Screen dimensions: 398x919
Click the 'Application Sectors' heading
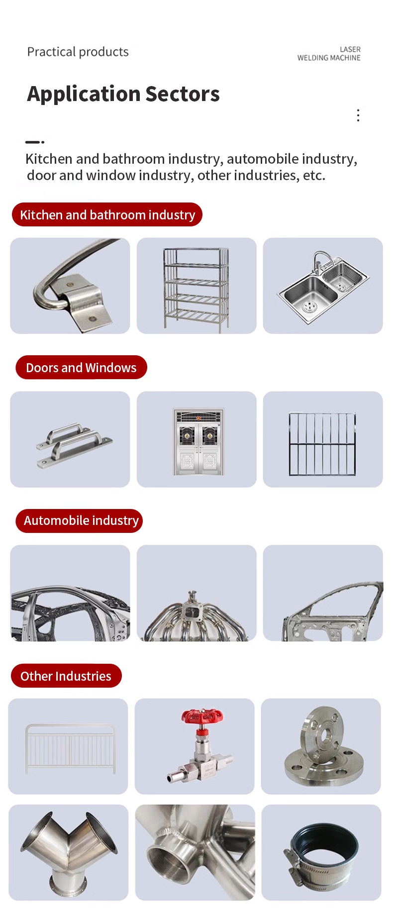(x=123, y=94)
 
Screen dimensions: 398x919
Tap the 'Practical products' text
(x=78, y=52)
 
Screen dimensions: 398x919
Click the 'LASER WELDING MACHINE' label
(x=329, y=54)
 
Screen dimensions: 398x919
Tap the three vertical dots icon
(x=358, y=115)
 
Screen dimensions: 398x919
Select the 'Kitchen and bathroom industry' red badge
(x=107, y=214)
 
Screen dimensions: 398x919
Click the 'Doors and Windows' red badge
(x=81, y=367)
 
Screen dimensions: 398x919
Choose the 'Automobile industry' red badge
(x=79, y=520)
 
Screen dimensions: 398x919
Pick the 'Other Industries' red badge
(x=66, y=676)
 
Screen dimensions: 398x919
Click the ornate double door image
(x=199, y=442)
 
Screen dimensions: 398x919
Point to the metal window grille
(x=322, y=444)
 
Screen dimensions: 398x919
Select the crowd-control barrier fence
(x=70, y=749)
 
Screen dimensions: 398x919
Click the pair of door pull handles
(x=74, y=445)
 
